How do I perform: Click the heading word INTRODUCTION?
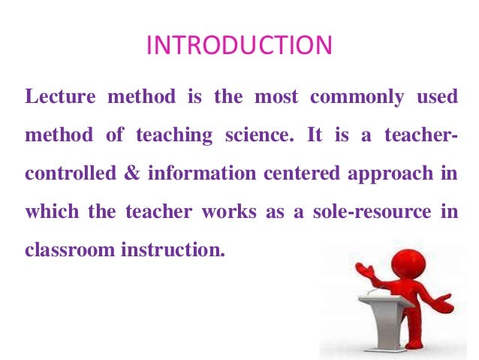pyautogui.click(x=239, y=47)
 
